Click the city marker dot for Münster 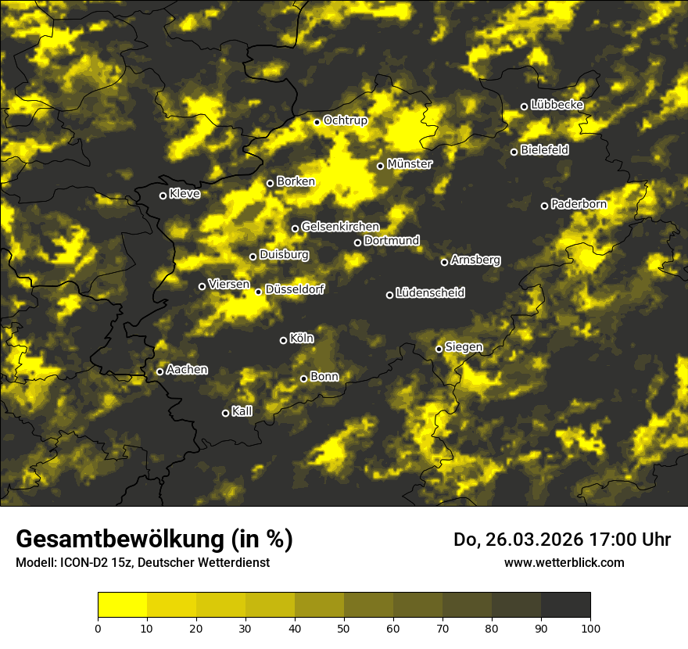381,166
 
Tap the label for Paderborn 579,205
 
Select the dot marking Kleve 163,195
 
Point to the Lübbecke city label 557,105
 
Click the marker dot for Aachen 160,371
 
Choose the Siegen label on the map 464,347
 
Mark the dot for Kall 226,413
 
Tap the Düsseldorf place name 295,290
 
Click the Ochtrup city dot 317,122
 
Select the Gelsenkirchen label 340,228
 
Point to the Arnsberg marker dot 445,262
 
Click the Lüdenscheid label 430,293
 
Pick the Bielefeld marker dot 514,152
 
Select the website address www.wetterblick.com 564,562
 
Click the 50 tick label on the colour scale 344,627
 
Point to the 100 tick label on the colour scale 590,627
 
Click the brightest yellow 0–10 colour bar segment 122,604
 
